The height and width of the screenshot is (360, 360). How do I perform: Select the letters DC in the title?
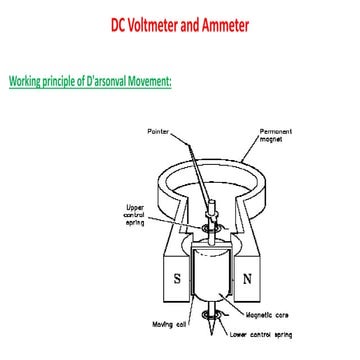pyautogui.click(x=118, y=22)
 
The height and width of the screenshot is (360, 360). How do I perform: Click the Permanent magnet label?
pyautogui.click(x=276, y=134)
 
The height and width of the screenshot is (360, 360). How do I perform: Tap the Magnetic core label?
pyautogui.click(x=271, y=313)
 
